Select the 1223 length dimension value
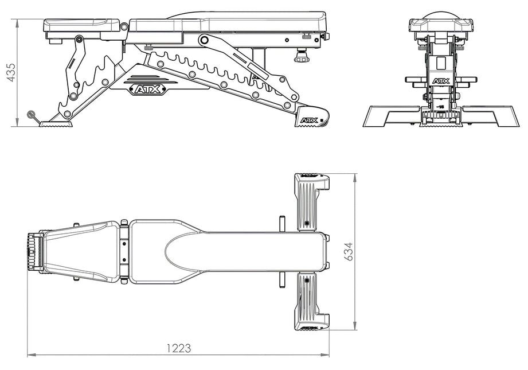pos(178,348)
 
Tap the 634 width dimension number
pos(348,252)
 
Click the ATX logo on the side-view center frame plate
pos(148,89)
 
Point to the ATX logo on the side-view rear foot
pos(308,121)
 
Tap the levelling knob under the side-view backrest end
pos(300,57)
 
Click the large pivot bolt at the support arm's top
pos(204,40)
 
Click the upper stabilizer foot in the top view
pos(310,201)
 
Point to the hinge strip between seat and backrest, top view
pos(124,252)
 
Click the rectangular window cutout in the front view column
pos(441,62)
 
